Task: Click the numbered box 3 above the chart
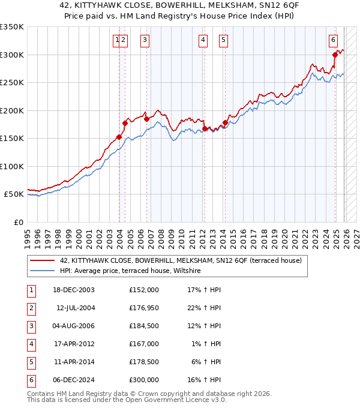click(x=145, y=40)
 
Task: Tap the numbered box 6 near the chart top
click(x=333, y=40)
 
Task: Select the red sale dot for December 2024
click(x=335, y=55)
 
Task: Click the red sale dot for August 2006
click(x=146, y=119)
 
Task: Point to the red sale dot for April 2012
click(x=205, y=128)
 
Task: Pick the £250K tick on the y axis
click(x=12, y=83)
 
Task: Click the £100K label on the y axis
click(x=12, y=166)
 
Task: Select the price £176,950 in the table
click(x=143, y=308)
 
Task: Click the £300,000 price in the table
click(x=143, y=380)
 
